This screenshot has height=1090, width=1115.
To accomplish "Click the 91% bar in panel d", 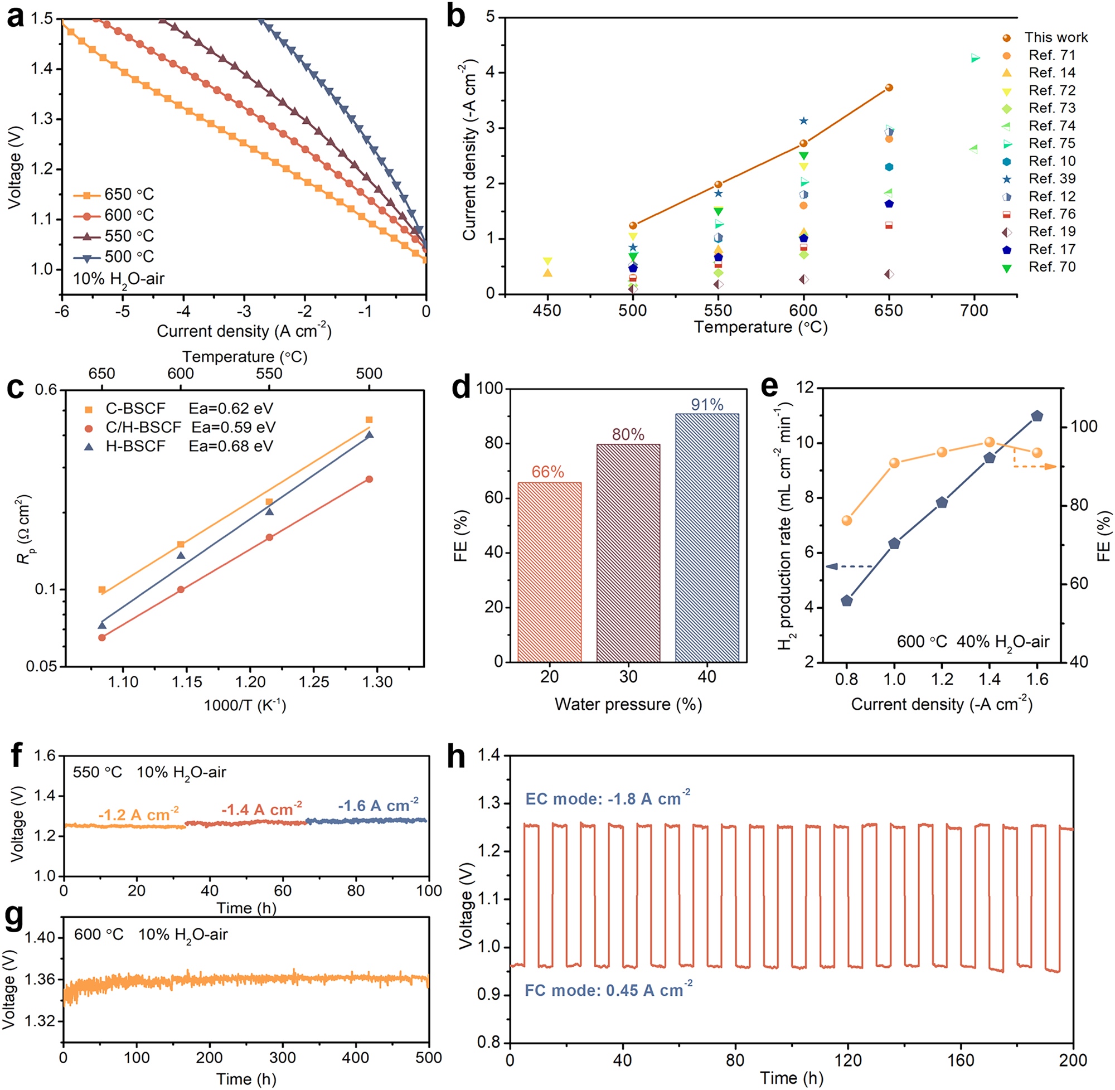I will tap(707, 537).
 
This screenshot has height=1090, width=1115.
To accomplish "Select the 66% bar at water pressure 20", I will tap(549, 572).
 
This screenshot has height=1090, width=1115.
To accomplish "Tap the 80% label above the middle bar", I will tap(628, 434).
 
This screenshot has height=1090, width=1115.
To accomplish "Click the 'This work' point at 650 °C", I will tap(889, 88).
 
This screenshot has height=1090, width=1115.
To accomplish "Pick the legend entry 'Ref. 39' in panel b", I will tap(1051, 178).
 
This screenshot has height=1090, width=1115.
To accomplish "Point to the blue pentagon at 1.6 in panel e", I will tap(1036, 416).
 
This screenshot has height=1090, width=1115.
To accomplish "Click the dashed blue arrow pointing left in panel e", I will tap(849, 567).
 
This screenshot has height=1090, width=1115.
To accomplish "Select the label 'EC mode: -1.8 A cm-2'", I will tap(607, 798).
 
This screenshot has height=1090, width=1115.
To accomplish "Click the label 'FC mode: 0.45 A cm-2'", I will tap(608, 990).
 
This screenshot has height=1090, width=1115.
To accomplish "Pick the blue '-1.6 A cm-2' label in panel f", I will tap(378, 806).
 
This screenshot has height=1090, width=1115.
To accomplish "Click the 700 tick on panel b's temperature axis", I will tap(974, 311).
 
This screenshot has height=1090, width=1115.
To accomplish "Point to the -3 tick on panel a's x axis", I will tap(244, 312).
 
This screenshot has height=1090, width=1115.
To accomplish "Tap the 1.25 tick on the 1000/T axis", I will tap(314, 682).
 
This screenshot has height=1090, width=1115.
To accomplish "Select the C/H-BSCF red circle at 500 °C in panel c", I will tap(369, 479).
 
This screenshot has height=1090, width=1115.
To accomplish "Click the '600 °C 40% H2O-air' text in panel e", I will tap(972, 642).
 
